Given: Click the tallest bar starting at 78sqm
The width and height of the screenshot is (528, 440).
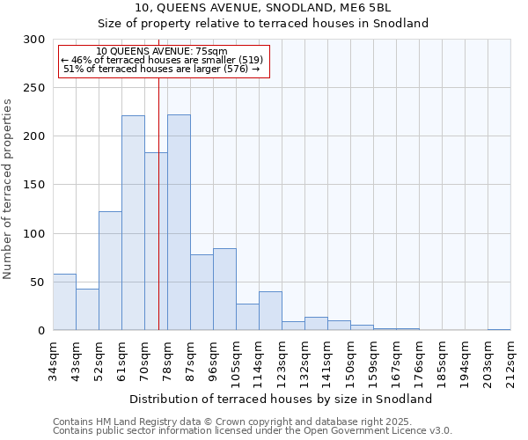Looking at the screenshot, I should point(179,223).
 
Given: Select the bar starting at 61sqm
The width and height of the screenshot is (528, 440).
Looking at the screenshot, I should point(133,223).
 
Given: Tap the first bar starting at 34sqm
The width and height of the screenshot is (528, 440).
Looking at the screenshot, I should point(64,302).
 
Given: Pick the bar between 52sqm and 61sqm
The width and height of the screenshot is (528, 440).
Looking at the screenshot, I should point(110,271).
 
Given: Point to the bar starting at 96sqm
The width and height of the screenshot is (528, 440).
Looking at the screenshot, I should point(224,290).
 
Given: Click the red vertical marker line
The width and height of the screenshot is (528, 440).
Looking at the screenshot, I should point(158,202).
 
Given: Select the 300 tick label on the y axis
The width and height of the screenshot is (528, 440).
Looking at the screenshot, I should point(34,40).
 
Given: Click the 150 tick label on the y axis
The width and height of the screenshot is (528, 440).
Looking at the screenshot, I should point(34,185).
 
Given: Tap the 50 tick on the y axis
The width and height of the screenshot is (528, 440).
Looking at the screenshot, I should point(38,282).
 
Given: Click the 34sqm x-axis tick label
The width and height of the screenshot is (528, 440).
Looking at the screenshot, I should point(53,360).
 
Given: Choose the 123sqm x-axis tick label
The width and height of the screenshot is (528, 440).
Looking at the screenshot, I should point(282,360).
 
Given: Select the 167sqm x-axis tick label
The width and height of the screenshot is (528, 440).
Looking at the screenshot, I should point(396,360).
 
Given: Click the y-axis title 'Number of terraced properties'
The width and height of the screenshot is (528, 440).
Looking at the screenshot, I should point(8,189).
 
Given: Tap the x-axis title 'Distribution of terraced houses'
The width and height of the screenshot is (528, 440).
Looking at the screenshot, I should point(281,399).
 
